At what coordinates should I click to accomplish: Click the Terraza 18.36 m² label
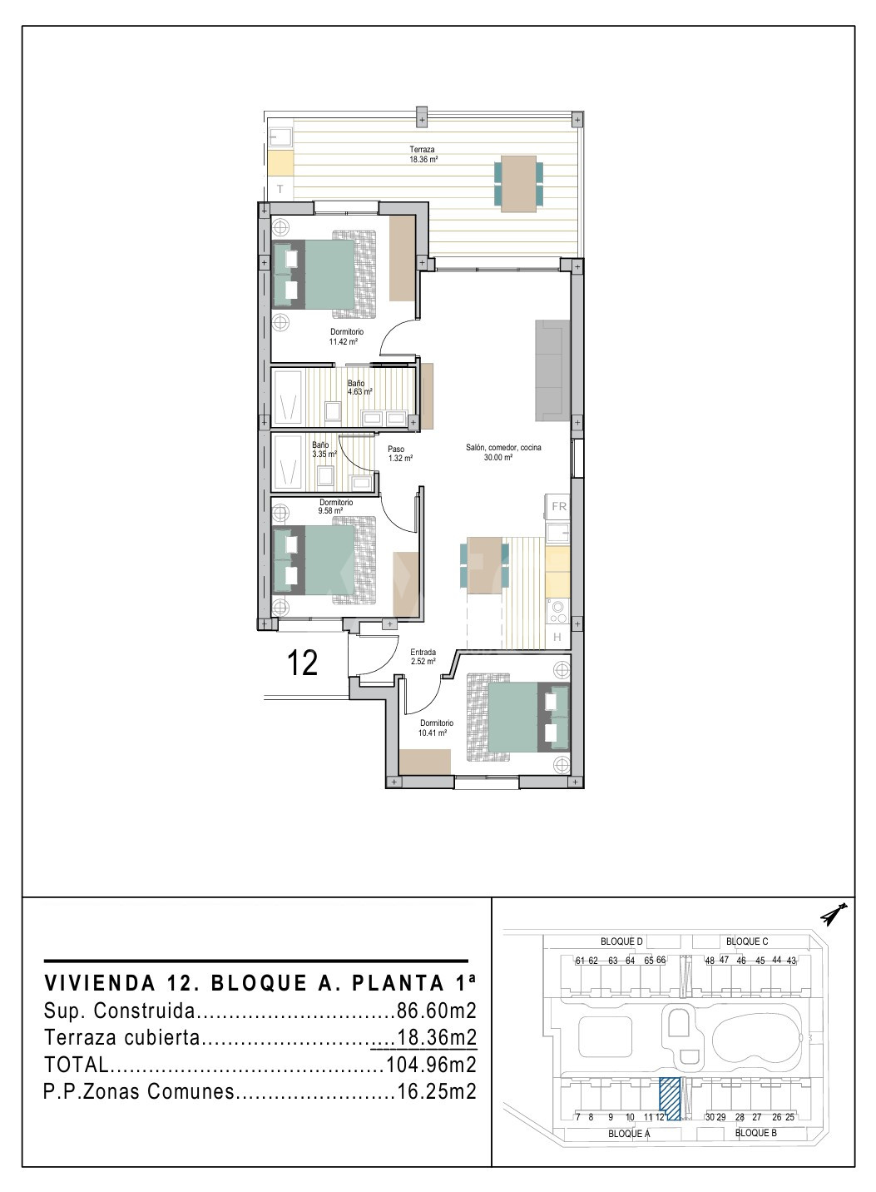(423, 154)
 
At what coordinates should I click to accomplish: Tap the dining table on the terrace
(518, 184)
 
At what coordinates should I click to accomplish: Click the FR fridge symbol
(558, 507)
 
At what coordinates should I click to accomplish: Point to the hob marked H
(557, 637)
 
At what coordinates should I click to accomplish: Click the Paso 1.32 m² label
(400, 454)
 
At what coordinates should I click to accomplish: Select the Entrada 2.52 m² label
(423, 657)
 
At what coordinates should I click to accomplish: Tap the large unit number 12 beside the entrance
(302, 663)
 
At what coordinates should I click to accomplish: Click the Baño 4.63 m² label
(359, 387)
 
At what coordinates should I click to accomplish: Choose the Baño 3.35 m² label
(324, 449)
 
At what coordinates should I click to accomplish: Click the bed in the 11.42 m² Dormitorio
(324, 274)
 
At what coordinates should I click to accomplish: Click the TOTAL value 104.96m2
(431, 1065)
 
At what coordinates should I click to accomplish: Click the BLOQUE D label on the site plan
(621, 941)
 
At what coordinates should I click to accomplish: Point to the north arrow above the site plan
(834, 913)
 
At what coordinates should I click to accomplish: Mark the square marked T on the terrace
(280, 189)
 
